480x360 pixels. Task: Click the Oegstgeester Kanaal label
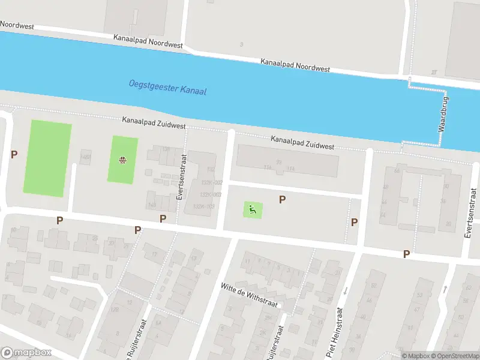(x=167, y=87)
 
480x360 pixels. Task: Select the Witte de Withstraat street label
(x=249, y=295)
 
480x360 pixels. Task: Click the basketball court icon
(x=122, y=160)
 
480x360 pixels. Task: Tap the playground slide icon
(x=253, y=209)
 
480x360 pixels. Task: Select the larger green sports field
(x=47, y=158)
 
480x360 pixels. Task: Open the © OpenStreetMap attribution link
(x=454, y=356)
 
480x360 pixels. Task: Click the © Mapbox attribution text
(x=415, y=356)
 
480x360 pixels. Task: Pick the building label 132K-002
(x=212, y=182)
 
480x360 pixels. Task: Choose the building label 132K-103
(x=203, y=206)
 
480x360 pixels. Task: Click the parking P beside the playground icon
(x=281, y=199)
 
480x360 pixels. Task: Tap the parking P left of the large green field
(x=14, y=154)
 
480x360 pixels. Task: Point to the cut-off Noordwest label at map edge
(x=17, y=25)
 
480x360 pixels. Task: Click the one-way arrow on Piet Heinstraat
(x=344, y=291)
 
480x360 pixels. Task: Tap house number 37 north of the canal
(x=433, y=72)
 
